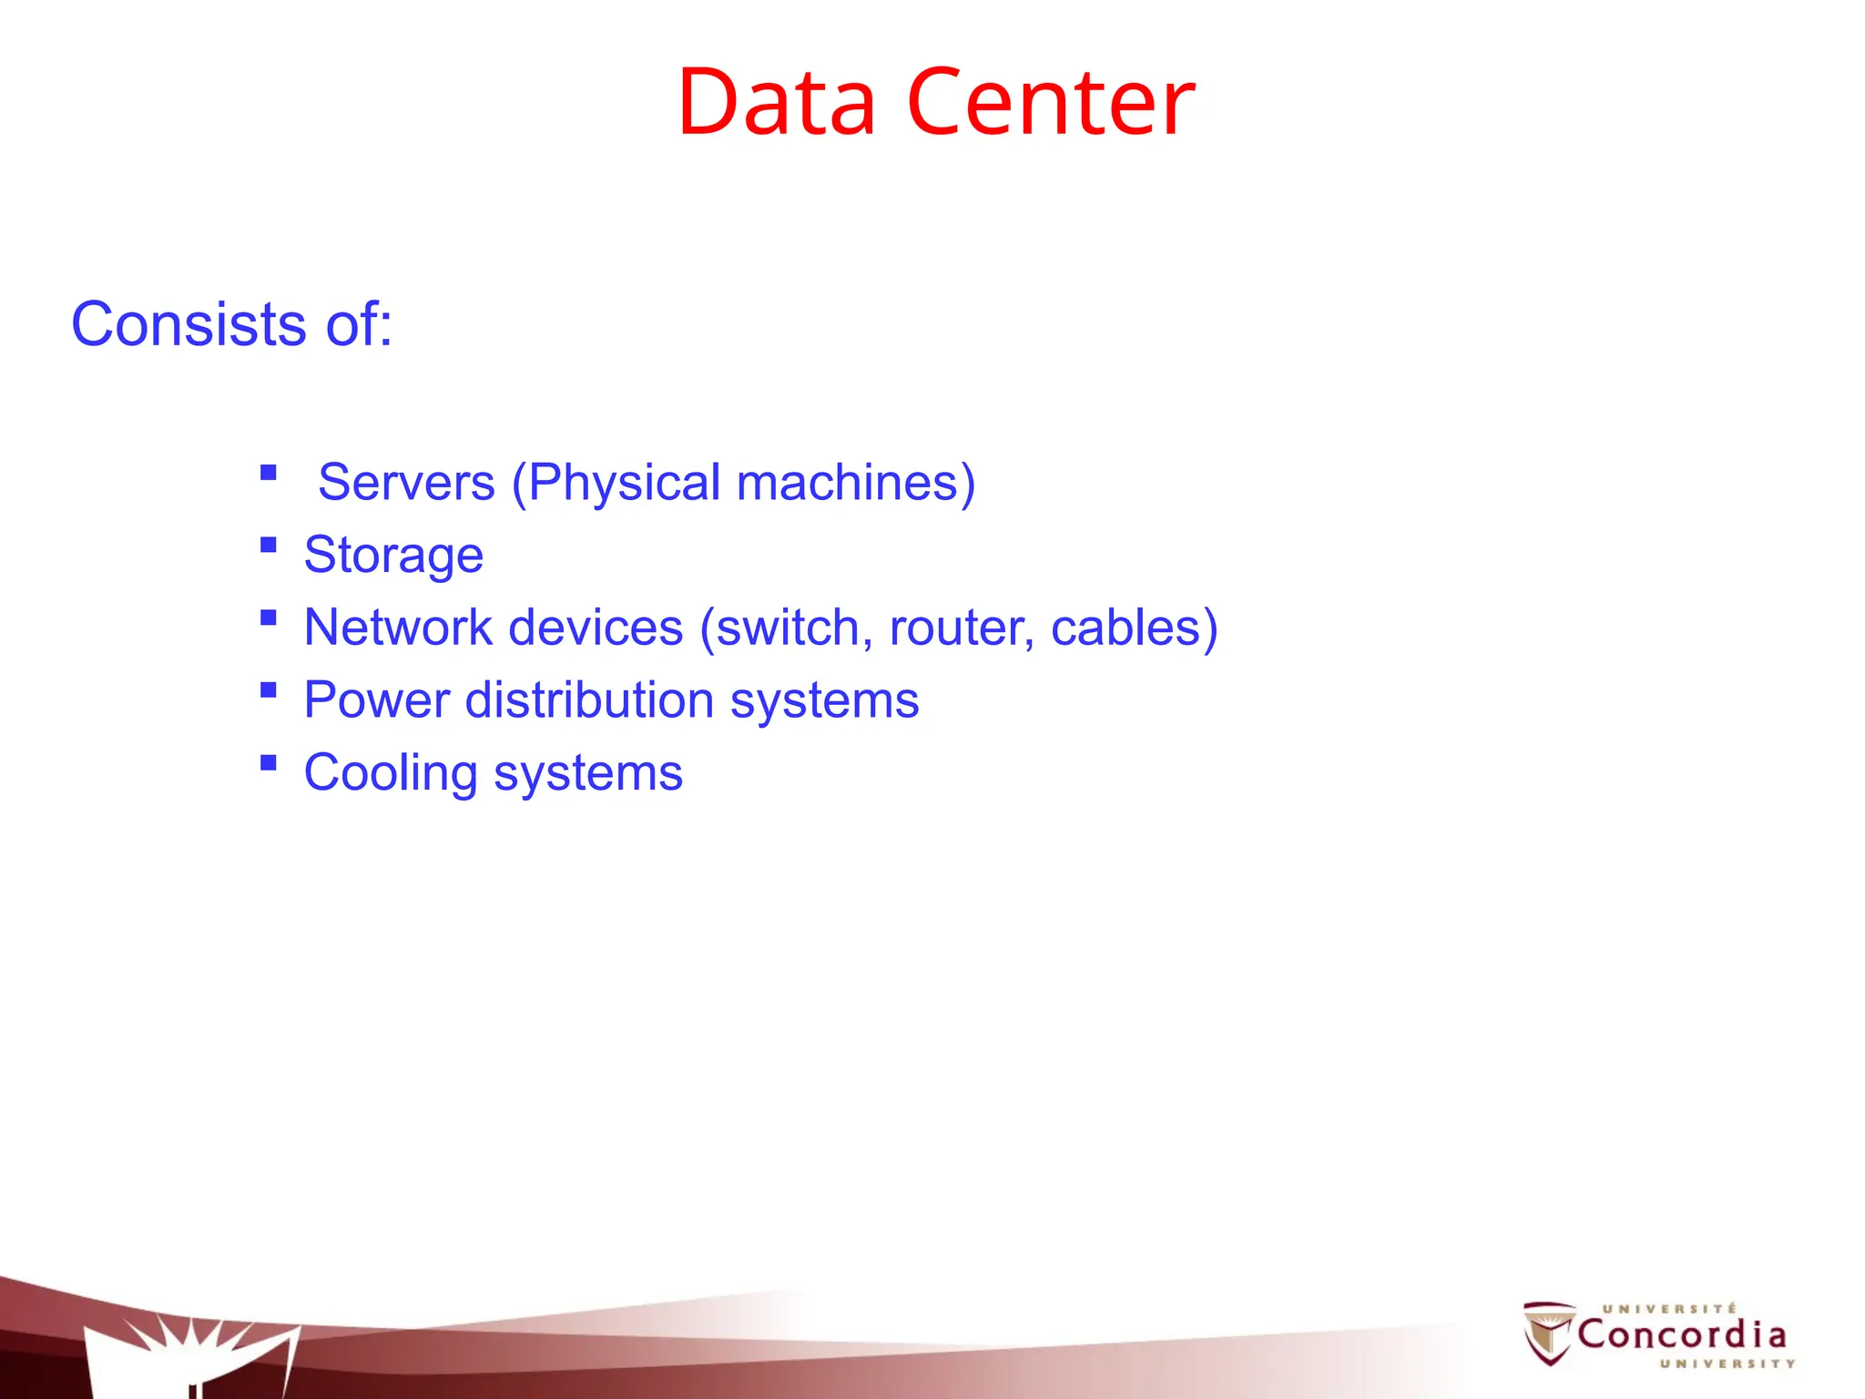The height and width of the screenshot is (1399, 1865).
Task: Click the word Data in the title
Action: pyautogui.click(x=776, y=102)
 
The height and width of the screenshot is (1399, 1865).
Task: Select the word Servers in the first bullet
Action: pyautogui.click(x=406, y=482)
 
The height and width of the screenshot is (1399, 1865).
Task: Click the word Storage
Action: pyautogui.click(x=393, y=555)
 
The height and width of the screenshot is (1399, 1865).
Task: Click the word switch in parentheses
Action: pyautogui.click(x=788, y=628)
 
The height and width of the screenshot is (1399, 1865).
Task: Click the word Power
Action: pyautogui.click(x=377, y=700)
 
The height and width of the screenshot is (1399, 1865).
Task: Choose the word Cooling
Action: pyautogui.click(x=391, y=773)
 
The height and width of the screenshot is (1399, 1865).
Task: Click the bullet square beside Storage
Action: pyautogui.click(x=268, y=546)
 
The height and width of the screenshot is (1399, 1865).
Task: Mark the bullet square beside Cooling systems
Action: pyautogui.click(x=268, y=763)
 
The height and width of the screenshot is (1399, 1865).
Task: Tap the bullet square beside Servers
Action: pyautogui.click(x=268, y=473)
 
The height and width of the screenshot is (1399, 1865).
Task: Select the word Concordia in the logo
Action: pyautogui.click(x=1681, y=1335)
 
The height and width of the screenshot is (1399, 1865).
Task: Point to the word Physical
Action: pyautogui.click(x=625, y=482)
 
